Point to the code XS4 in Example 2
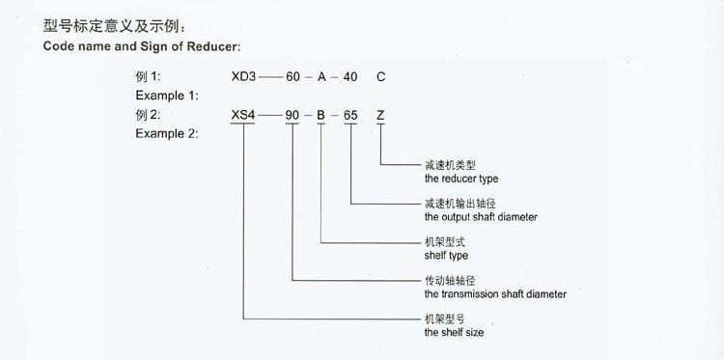point(243,116)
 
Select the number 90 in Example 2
point(292,116)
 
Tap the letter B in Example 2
point(321,116)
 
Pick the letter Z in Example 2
point(382,116)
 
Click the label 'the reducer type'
point(461,179)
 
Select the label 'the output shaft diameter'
point(481,217)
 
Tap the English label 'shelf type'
point(446,256)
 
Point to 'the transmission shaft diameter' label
point(495,293)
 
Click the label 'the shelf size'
point(454,332)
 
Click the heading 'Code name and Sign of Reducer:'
point(142,46)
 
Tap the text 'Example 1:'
point(167,95)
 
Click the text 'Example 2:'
point(167,134)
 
